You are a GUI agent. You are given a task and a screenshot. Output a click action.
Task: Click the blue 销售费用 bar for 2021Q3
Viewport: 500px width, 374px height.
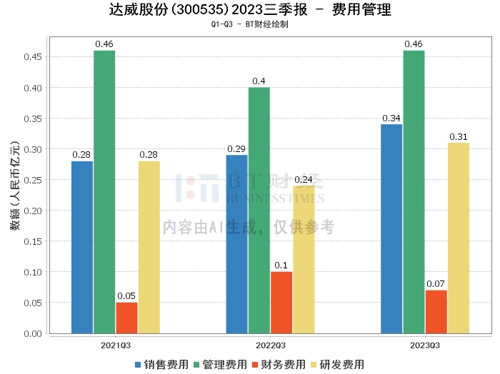click(x=82, y=247)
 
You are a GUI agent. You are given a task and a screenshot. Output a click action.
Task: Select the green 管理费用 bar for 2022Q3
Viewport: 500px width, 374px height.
click(x=259, y=211)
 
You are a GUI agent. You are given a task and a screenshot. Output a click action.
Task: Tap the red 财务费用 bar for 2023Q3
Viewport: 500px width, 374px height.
click(x=436, y=312)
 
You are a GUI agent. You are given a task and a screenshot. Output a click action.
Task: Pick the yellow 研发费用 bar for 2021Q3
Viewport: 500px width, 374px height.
click(x=149, y=247)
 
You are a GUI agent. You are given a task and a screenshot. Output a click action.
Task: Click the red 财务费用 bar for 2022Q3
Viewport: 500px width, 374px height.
click(x=281, y=303)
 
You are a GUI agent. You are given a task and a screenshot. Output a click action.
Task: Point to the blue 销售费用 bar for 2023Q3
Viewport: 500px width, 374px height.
click(x=391, y=228)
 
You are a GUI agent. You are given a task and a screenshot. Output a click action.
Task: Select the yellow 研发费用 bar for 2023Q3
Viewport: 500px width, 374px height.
click(x=459, y=238)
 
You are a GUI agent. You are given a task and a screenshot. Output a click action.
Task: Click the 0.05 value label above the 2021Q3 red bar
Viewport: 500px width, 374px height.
click(x=126, y=296)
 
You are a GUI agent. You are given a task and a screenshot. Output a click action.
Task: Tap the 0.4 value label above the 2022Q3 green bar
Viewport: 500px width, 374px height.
click(x=259, y=81)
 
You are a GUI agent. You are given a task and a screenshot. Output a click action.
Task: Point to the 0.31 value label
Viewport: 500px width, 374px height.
click(x=459, y=137)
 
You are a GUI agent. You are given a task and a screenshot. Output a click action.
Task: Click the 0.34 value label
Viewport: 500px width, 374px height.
click(x=391, y=118)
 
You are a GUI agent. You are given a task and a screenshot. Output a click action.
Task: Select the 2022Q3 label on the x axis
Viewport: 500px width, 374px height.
click(x=271, y=345)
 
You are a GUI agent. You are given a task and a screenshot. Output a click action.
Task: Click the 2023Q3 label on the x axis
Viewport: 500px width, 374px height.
click(x=425, y=345)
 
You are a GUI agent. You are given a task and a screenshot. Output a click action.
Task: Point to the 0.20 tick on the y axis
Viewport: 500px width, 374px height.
click(x=33, y=211)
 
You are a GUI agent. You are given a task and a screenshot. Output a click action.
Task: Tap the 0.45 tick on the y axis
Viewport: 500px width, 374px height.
click(x=33, y=57)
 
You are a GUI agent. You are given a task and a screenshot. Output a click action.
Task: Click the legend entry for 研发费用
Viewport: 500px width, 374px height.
click(x=338, y=365)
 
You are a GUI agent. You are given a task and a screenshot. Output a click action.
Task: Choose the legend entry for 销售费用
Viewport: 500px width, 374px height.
click(x=162, y=365)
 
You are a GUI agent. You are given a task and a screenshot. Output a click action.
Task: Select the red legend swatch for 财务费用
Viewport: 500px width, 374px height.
click(x=255, y=365)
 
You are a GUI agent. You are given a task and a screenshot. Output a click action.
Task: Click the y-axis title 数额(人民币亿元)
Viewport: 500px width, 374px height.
click(x=15, y=185)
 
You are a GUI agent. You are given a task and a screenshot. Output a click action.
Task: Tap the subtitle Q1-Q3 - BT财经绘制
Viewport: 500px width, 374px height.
click(x=250, y=24)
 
